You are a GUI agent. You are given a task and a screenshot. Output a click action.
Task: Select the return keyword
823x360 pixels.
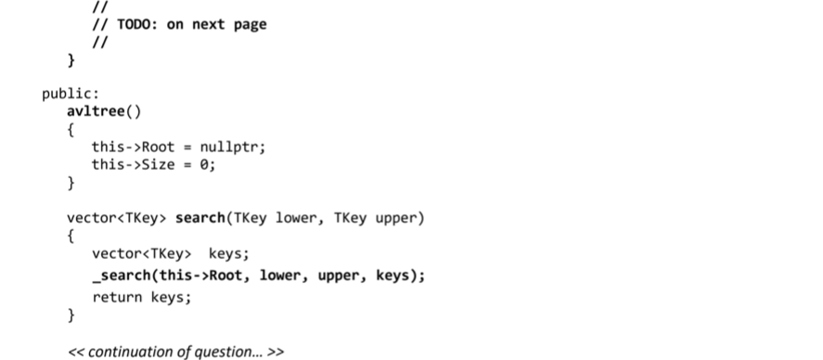point(114,298)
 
